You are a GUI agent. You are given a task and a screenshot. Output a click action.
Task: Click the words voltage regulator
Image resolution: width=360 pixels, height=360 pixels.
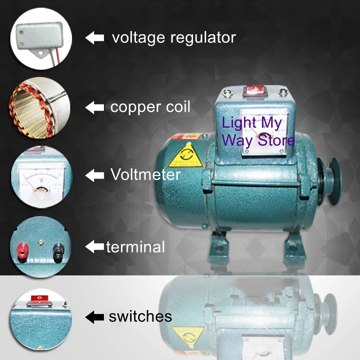click(174, 38)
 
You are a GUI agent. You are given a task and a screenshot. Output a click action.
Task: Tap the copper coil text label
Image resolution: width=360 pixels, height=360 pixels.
click(150, 107)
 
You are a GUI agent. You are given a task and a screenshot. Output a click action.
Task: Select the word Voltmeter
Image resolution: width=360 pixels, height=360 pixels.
click(145, 175)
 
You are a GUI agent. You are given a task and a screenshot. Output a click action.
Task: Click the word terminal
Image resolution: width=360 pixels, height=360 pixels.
click(135, 247)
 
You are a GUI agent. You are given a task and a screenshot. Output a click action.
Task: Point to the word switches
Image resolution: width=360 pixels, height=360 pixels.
click(140, 316)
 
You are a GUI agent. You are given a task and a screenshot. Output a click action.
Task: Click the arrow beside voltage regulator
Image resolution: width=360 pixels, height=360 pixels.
click(94, 38)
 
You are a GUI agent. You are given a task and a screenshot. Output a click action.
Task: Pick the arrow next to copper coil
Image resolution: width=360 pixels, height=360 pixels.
click(94, 107)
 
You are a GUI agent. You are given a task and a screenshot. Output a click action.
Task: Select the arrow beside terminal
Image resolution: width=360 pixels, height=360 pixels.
click(94, 247)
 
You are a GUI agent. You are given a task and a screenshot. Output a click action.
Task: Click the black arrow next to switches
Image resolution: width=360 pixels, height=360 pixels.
click(94, 317)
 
